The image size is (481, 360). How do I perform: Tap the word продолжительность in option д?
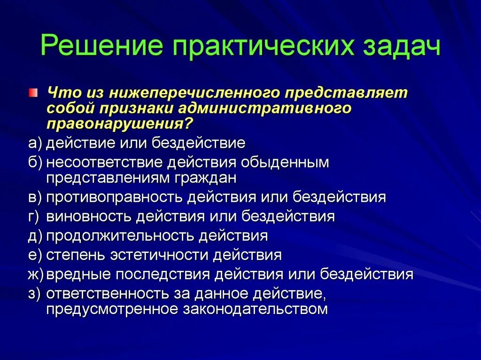click(120, 236)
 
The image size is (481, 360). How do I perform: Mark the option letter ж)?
click(36, 274)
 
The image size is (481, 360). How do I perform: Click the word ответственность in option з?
click(108, 293)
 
